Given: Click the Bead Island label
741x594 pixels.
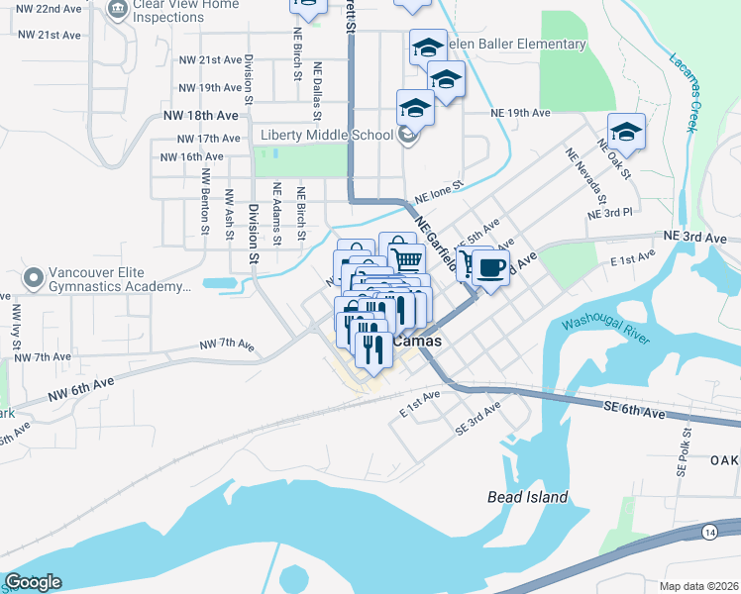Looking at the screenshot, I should (528, 497).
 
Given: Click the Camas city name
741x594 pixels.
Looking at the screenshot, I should (416, 341).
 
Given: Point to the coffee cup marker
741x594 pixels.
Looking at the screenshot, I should (490, 266).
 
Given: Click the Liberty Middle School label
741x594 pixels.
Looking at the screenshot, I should (327, 136).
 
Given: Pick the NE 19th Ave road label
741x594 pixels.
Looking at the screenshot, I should (520, 113).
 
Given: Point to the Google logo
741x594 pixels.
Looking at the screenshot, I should (33, 582).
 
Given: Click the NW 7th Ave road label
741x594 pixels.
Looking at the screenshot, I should (227, 345).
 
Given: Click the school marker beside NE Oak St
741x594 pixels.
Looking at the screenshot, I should (626, 132).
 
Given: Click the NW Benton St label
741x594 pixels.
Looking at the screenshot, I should (205, 200).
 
